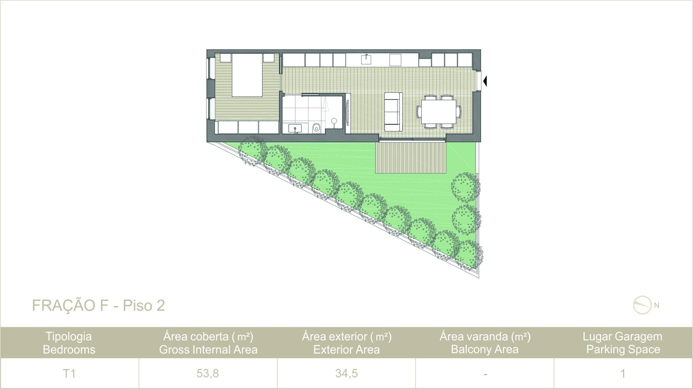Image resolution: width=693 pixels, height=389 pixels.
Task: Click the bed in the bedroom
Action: [x=247, y=75]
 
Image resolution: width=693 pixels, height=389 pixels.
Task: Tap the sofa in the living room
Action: [x=394, y=112]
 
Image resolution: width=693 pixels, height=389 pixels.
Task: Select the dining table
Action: [x=439, y=112]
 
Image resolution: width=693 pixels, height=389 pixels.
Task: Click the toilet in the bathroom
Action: [x=316, y=128]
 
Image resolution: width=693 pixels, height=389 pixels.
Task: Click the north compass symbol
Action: [x=643, y=305]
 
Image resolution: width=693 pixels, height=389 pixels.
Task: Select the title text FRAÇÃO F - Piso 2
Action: [x=98, y=305]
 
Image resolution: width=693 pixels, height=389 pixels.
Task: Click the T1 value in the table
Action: [x=69, y=374]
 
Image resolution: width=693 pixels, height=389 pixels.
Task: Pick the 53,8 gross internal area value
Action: [x=208, y=374]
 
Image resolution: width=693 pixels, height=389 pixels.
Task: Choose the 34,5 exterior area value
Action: [x=346, y=374]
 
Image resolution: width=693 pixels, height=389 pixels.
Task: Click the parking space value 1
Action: [x=623, y=374]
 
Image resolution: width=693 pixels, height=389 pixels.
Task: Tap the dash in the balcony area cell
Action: [x=485, y=374]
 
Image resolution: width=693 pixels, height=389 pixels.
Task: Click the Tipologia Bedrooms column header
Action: [x=69, y=343]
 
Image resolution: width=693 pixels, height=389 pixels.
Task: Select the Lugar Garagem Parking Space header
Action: [x=623, y=343]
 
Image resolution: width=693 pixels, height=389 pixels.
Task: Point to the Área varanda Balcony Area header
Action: [x=485, y=343]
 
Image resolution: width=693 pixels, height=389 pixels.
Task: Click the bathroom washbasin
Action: [x=295, y=128]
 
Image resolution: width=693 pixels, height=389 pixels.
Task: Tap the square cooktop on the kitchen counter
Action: [x=396, y=59]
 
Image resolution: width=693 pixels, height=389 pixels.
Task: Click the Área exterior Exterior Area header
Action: [x=346, y=343]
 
